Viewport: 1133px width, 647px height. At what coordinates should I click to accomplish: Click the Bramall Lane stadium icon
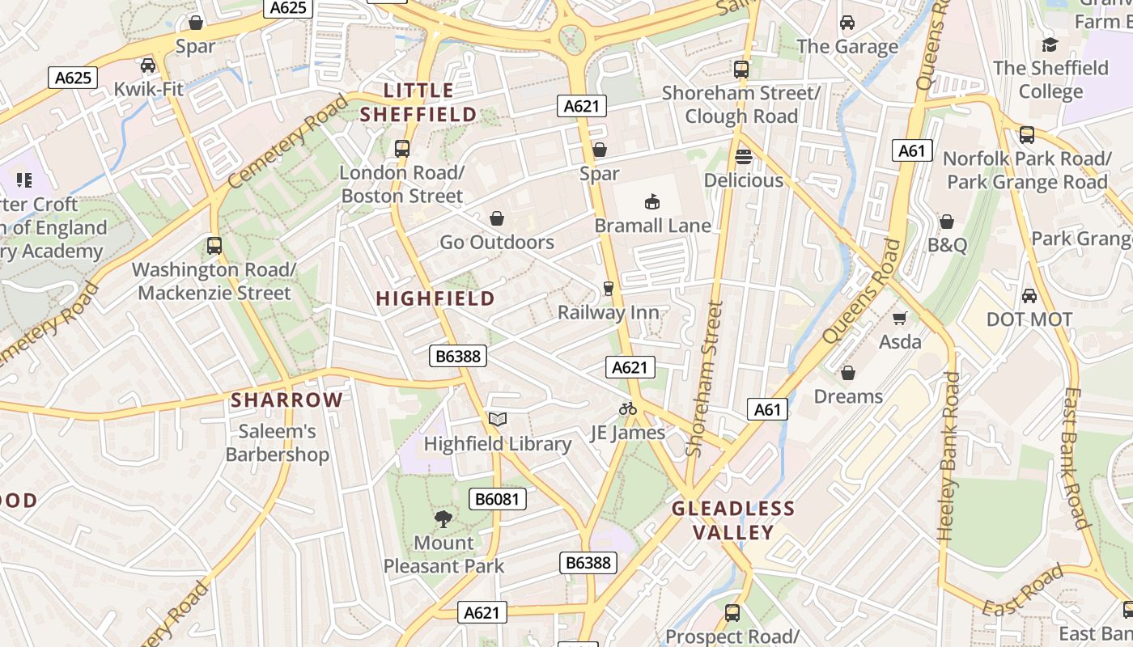pyautogui.click(x=652, y=201)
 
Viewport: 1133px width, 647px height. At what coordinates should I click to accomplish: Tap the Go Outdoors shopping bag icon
pyautogui.click(x=497, y=218)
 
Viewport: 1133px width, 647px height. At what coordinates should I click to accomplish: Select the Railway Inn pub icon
pyautogui.click(x=609, y=289)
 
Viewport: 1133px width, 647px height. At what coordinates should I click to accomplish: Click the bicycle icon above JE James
pyautogui.click(x=628, y=408)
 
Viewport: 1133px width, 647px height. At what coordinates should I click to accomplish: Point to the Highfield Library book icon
pyautogui.click(x=498, y=419)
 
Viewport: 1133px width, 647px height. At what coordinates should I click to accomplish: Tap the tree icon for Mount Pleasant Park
pyautogui.click(x=443, y=518)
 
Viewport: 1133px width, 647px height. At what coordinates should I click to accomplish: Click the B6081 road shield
pyautogui.click(x=497, y=499)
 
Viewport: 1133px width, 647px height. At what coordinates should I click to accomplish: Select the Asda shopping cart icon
pyautogui.click(x=900, y=318)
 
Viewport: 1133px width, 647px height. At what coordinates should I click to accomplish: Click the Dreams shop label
pyautogui.click(x=848, y=396)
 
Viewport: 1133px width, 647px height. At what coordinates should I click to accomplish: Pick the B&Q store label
pyautogui.click(x=947, y=245)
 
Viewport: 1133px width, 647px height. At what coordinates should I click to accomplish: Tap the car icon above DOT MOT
pyautogui.click(x=1029, y=296)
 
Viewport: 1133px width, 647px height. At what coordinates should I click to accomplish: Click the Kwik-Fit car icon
pyautogui.click(x=148, y=66)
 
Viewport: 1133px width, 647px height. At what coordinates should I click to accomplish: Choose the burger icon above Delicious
pyautogui.click(x=744, y=157)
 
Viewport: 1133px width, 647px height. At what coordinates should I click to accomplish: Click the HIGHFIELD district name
pyautogui.click(x=435, y=298)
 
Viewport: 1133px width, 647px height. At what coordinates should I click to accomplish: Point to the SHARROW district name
pyautogui.click(x=287, y=400)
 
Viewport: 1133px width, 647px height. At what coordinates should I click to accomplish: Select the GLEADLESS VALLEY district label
pyautogui.click(x=733, y=520)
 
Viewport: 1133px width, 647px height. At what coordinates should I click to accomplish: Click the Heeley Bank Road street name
pyautogui.click(x=948, y=456)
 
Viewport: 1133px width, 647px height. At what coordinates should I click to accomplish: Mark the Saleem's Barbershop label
pyautogui.click(x=278, y=443)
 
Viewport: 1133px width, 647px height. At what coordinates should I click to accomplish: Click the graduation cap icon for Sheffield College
pyautogui.click(x=1050, y=44)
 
